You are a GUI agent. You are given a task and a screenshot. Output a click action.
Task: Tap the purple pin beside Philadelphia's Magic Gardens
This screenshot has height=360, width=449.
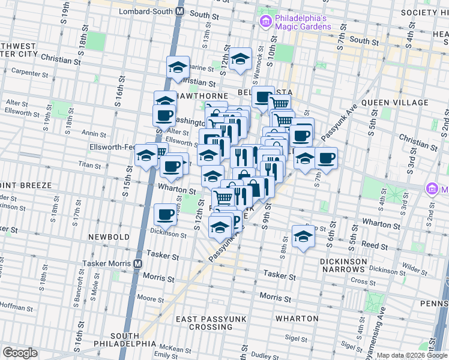pyautogui.click(x=266, y=22)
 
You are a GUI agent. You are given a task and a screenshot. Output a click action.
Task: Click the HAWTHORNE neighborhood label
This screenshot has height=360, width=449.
pyautogui.click(x=206, y=96)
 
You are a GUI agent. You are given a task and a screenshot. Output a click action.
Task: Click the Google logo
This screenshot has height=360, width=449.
pyautogui.click(x=20, y=353)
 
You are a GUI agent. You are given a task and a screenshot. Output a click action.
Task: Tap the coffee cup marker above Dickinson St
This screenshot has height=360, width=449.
pyautogui.click(x=165, y=214)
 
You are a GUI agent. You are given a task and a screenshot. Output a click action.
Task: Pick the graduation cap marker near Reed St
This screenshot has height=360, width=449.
pyautogui.click(x=304, y=235)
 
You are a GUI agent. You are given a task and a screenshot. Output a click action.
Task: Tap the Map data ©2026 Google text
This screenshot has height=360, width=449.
pyautogui.click(x=412, y=355)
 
